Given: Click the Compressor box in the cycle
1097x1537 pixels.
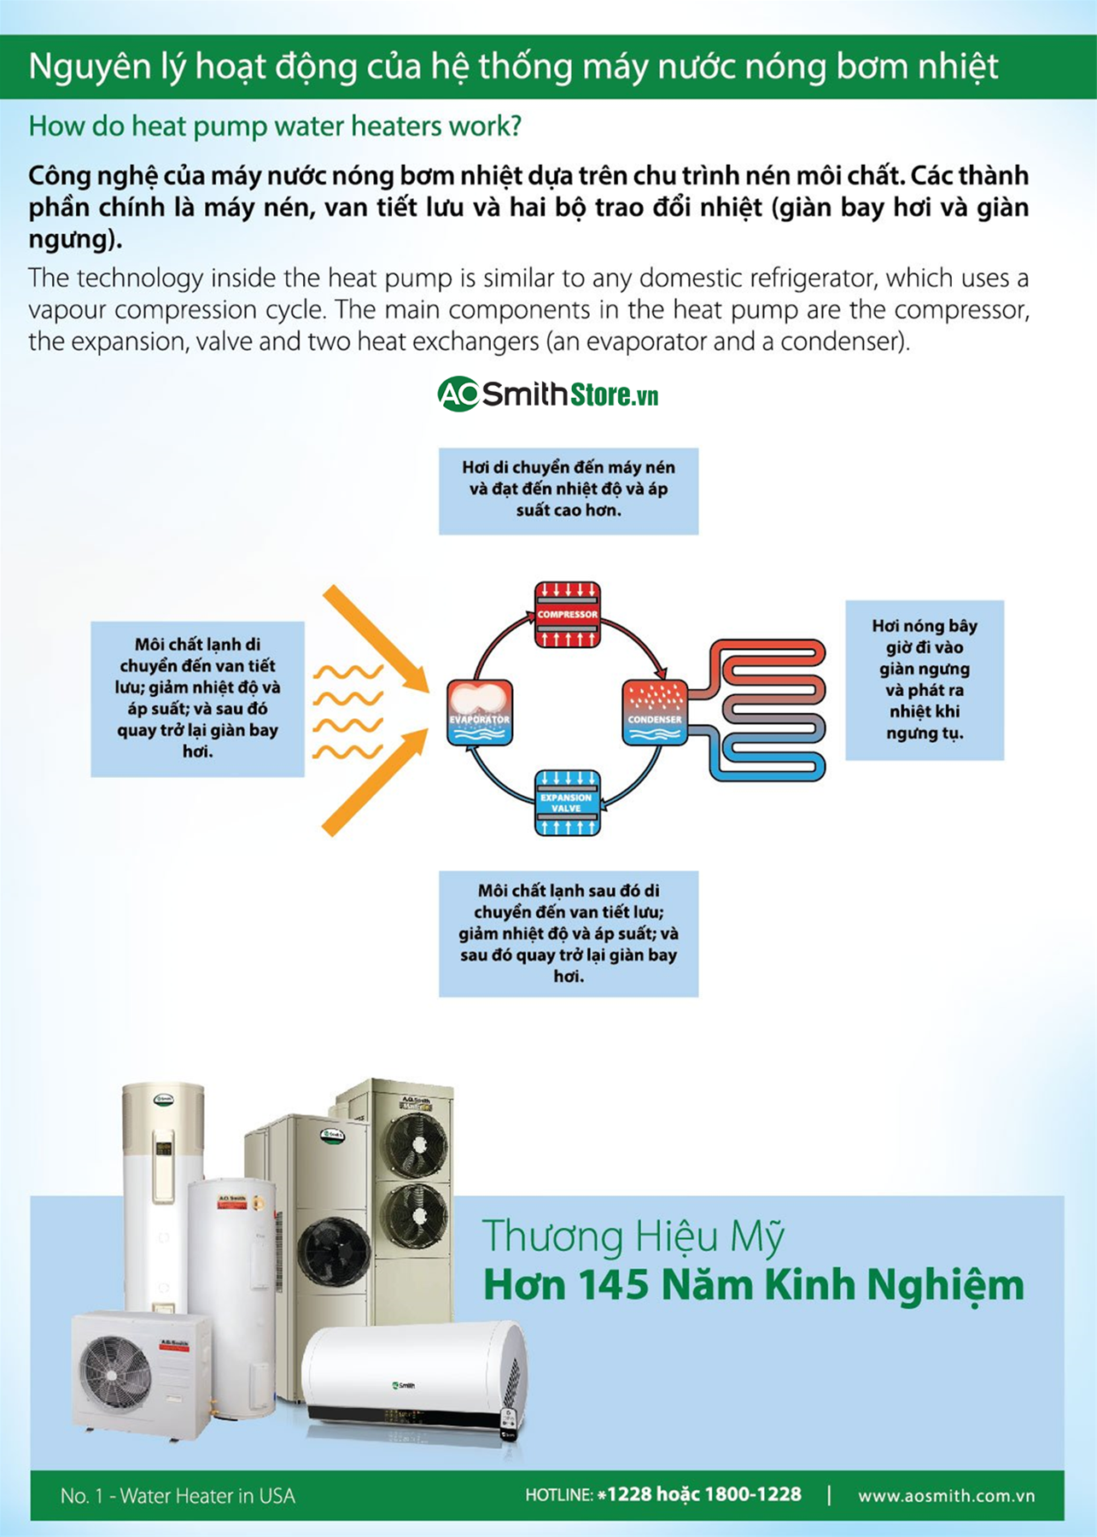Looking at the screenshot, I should coord(568,615).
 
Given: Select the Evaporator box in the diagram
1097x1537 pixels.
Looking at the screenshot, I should coord(480,712).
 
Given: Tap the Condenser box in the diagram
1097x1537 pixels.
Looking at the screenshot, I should coord(655,712).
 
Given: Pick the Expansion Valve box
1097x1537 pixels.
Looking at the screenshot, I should coord(567,803).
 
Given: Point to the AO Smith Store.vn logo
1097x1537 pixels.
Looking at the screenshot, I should coord(548,394).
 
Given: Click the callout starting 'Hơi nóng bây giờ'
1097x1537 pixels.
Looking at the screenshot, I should coord(925,680).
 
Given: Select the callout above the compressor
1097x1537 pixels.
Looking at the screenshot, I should coord(569,490).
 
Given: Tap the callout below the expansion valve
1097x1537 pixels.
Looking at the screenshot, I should coord(569,933).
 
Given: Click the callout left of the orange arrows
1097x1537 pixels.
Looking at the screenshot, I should coord(198,698).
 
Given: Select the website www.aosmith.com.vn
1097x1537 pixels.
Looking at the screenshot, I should coord(946,1496).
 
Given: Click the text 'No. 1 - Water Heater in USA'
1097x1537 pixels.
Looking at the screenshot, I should coord(178,1496).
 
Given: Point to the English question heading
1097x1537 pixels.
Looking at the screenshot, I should coord(275,126).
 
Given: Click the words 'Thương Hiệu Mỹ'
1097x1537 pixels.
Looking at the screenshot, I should coord(633,1236).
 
